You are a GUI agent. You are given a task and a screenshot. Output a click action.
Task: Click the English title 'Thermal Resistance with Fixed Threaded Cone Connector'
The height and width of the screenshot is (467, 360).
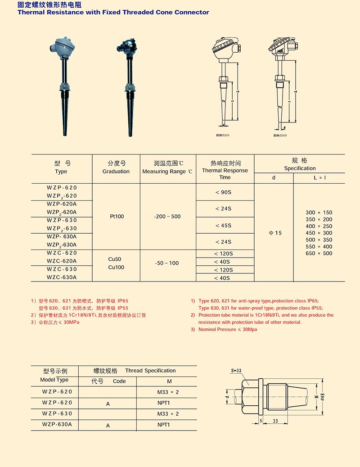click(x=113, y=12)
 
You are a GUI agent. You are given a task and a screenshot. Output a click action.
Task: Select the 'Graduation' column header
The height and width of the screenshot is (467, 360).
click(x=116, y=171)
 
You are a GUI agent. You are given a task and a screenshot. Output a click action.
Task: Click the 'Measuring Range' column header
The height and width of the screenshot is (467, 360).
click(x=167, y=172)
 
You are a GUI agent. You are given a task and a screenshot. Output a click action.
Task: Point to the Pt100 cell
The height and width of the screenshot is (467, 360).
click(x=116, y=217)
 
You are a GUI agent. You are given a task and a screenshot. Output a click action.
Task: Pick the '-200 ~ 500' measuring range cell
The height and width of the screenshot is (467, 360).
click(x=167, y=217)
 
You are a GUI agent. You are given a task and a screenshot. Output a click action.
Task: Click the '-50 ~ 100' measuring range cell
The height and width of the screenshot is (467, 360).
click(x=167, y=263)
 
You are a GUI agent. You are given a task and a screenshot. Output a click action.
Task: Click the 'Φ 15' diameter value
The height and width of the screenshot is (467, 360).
click(x=274, y=233)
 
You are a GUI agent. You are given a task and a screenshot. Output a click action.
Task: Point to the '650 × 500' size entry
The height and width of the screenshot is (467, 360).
click(x=319, y=254)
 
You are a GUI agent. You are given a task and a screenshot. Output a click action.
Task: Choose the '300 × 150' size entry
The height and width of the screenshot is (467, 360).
click(x=319, y=213)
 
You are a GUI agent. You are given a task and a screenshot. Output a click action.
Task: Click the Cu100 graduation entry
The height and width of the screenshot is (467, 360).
click(x=116, y=268)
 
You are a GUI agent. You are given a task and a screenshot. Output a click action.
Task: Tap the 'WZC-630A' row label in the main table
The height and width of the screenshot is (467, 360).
click(x=62, y=277)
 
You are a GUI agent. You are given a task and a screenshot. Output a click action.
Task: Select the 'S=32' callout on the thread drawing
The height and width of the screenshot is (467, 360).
click(x=236, y=370)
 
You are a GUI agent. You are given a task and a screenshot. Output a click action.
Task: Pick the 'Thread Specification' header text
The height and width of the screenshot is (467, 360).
click(x=150, y=371)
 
